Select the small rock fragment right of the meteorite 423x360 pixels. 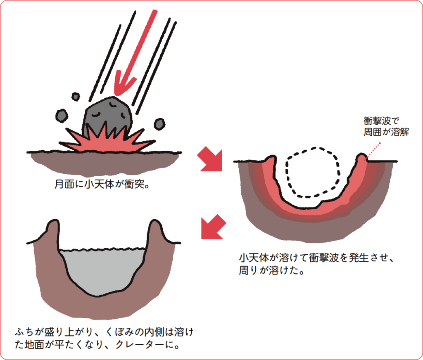click(x=159, y=123)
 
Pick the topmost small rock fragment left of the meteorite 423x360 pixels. click(x=76, y=97)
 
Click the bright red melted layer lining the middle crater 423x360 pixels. click(x=314, y=208)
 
